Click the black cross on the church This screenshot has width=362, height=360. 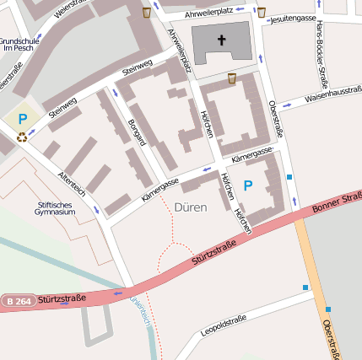(x=223, y=40)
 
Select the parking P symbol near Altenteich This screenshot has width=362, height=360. (x=23, y=120)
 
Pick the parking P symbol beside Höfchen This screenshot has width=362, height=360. (x=248, y=185)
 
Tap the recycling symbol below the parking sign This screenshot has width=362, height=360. (x=22, y=135)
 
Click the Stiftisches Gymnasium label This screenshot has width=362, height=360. (x=57, y=207)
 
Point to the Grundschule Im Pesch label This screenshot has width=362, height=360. (x=17, y=44)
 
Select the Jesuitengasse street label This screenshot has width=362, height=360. (x=290, y=18)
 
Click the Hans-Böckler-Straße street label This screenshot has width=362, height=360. (x=321, y=54)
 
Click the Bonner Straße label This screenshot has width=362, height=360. (x=336, y=203)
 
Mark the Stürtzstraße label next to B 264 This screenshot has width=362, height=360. (x=62, y=298)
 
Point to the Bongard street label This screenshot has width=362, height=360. (x=136, y=133)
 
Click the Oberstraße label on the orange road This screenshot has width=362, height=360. (x=334, y=335)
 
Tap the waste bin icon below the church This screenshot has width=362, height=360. (x=231, y=78)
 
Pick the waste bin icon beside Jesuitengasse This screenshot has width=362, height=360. (x=261, y=13)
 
